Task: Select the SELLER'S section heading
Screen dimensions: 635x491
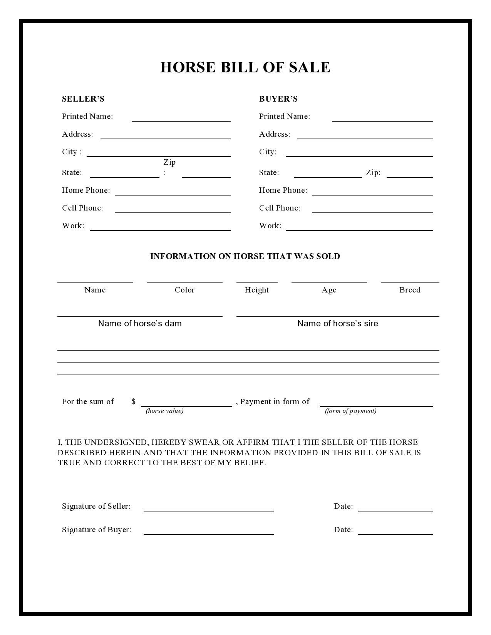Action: tap(83, 99)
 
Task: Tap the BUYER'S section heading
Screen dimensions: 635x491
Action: tap(278, 99)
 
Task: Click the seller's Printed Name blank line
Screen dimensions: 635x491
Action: tap(181, 120)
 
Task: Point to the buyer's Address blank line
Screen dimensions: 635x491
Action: tap(365, 138)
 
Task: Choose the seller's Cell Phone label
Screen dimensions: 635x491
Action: tap(82, 208)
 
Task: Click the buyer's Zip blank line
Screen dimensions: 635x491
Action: tap(410, 177)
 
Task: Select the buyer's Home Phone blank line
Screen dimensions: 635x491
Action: tap(372, 194)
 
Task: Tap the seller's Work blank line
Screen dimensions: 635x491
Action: tap(160, 230)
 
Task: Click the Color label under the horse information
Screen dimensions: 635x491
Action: tap(184, 290)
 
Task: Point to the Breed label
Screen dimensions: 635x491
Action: tap(410, 290)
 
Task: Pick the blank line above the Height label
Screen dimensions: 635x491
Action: tap(257, 282)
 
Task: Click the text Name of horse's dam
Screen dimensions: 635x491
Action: tap(140, 323)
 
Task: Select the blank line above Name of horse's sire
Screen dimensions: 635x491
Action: tap(338, 316)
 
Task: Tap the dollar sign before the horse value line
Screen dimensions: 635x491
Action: tap(133, 401)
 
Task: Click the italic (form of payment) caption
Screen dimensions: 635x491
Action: tap(350, 411)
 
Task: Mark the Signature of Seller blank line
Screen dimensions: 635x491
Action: tap(208, 510)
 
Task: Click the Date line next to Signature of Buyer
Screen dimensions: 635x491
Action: tap(395, 534)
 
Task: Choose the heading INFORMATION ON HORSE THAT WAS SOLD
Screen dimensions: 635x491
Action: tap(245, 256)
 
